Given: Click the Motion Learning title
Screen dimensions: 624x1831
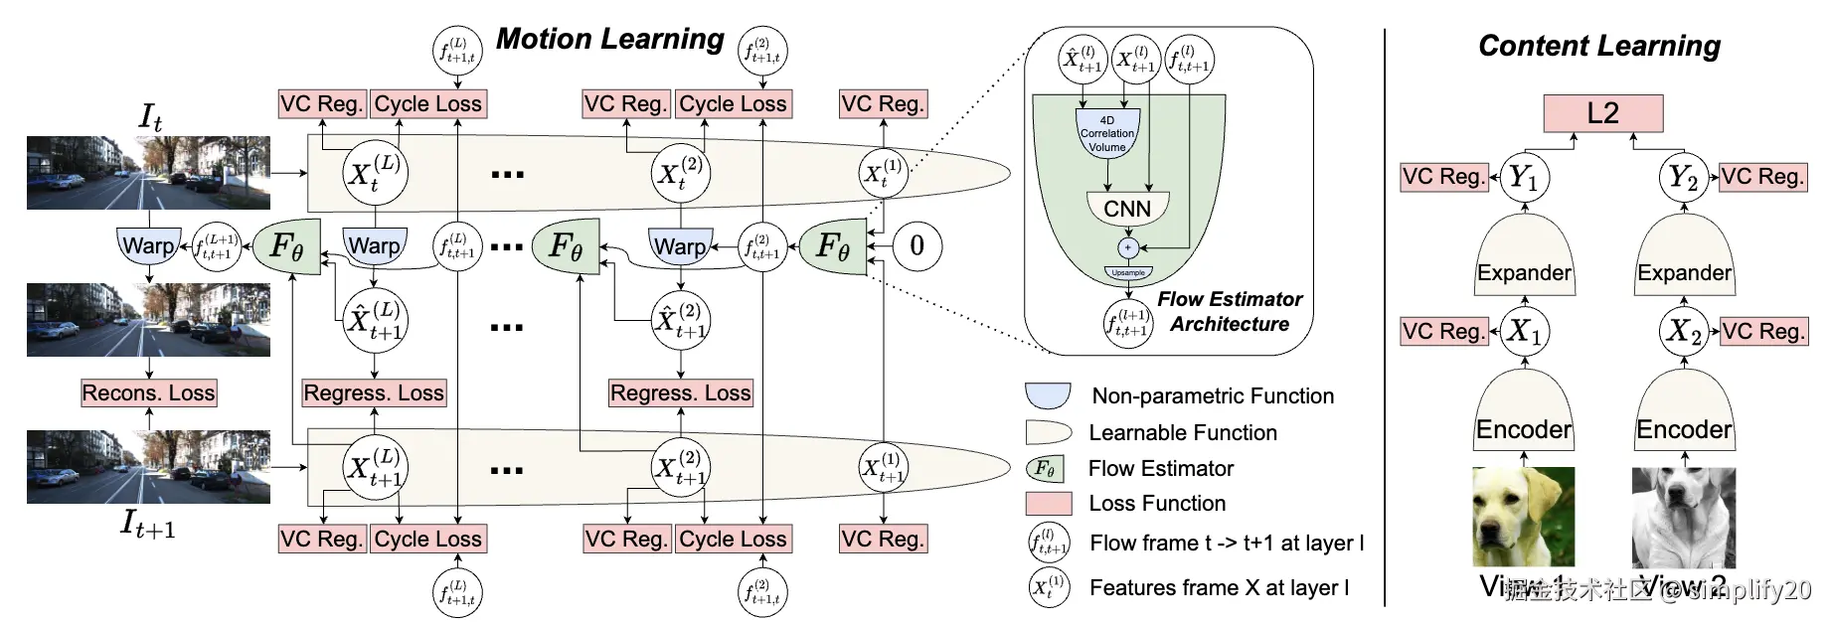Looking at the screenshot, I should tap(609, 39).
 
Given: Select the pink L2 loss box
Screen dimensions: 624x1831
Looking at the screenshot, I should tap(1602, 113).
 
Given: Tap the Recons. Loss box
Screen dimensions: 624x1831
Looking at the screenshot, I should tap(148, 392).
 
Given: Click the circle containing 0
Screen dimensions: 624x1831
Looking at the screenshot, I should tap(916, 245).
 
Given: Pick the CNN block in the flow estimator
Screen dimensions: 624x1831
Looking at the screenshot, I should tap(1127, 209).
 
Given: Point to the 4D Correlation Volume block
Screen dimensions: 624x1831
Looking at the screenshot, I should tap(1106, 133).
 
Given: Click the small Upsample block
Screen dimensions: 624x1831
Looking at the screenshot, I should tap(1128, 272).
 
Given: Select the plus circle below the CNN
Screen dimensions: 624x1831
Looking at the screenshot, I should tap(1127, 247).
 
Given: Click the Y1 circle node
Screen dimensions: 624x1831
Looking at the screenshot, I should tap(1523, 178).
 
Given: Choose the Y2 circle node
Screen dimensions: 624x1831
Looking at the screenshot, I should tap(1683, 178).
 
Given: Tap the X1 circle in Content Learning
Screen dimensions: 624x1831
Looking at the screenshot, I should tap(1523, 330).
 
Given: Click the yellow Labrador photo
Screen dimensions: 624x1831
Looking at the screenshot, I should tap(1523, 517).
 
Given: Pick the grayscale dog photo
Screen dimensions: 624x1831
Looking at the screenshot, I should tap(1683, 517).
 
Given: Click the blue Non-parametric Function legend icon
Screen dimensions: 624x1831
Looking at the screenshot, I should tap(1048, 395).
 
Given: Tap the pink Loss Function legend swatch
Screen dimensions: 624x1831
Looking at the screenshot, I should tap(1048, 503).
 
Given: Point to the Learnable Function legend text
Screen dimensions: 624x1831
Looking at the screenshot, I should tap(1182, 432).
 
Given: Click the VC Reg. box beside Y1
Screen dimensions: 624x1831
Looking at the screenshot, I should tap(1443, 177).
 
